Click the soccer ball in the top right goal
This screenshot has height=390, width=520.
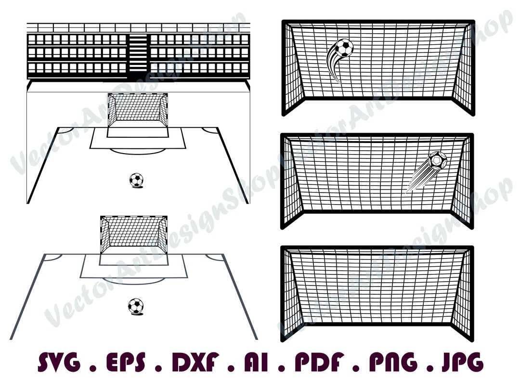click(x=344, y=47)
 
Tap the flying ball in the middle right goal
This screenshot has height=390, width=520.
click(x=437, y=160)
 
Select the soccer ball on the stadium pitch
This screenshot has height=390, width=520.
click(x=136, y=180)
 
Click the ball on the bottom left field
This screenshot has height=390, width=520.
click(x=136, y=306)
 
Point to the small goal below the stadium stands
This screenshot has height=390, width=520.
click(x=138, y=110)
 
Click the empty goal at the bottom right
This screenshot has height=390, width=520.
click(x=377, y=289)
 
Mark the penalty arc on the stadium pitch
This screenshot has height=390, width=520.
click(x=138, y=151)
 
